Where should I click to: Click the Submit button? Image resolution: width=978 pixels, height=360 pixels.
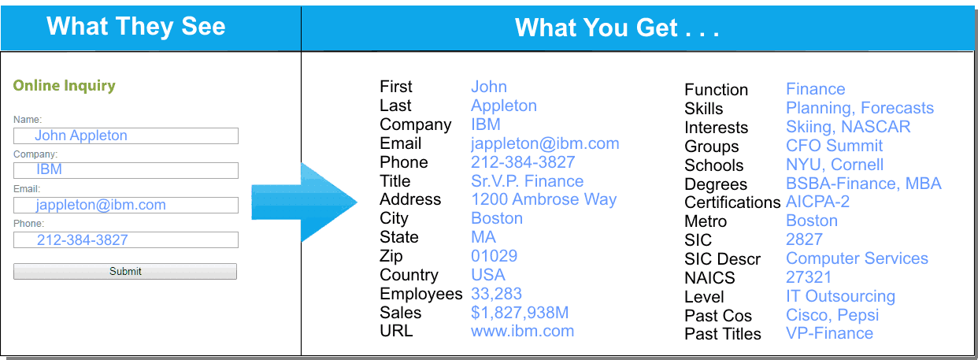tap(125, 271)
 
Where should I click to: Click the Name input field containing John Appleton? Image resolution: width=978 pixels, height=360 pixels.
tap(126, 135)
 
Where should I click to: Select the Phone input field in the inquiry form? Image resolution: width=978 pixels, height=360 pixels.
tap(126, 239)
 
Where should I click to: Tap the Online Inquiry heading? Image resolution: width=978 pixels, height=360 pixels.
tap(65, 86)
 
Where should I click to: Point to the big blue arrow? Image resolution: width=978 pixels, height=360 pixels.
tap(304, 202)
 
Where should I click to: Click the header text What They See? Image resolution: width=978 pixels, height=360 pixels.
tap(135, 26)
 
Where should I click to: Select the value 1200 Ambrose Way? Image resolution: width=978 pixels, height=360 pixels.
tap(543, 199)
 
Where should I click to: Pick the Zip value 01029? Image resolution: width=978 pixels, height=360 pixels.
tap(494, 255)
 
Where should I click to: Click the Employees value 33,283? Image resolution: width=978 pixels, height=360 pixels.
tap(496, 294)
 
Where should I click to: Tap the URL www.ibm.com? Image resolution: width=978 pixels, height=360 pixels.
tap(523, 331)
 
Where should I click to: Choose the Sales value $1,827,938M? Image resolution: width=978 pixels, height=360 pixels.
tap(520, 313)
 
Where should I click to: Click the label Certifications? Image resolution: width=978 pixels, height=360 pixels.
tap(732, 202)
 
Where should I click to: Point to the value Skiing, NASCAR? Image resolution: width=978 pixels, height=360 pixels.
tap(848, 127)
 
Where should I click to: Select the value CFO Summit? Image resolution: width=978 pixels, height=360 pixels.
tap(835, 146)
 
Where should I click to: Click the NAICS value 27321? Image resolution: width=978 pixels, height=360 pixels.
tap(809, 277)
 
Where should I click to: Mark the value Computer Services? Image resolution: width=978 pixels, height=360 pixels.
tap(857, 258)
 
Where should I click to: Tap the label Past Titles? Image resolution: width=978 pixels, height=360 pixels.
tap(723, 334)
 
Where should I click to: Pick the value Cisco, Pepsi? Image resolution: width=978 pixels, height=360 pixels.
tap(832, 315)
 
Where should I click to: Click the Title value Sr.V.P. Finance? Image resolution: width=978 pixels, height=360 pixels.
tap(527, 181)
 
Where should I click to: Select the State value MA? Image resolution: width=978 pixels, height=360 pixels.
tap(483, 237)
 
